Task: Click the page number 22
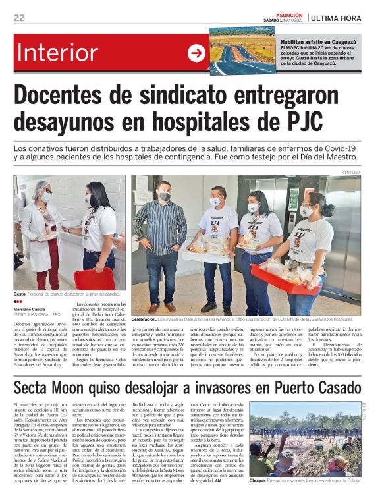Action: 19,18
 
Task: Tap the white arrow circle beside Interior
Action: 196,53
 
